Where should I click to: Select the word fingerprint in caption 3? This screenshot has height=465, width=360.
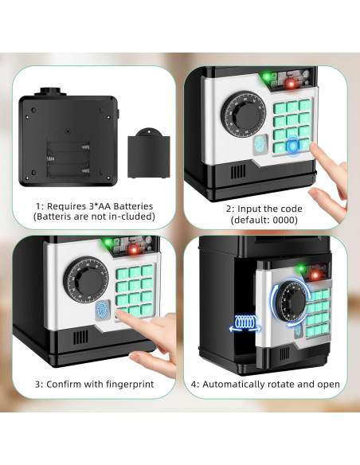pyautogui.click(x=126, y=385)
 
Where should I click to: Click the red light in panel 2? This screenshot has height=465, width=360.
pyautogui.click(x=292, y=83)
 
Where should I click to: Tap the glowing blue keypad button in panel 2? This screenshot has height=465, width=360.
pyautogui.click(x=296, y=146)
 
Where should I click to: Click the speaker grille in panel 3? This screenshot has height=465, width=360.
pyautogui.click(x=81, y=336)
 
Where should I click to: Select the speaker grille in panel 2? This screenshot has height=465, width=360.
pyautogui.click(x=237, y=172)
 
